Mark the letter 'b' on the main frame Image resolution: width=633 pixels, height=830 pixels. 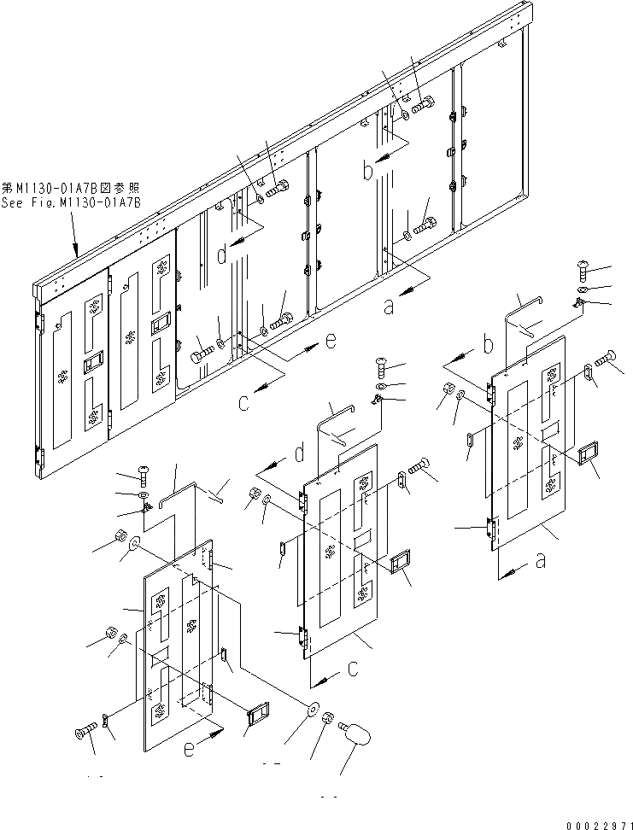tap(368, 171)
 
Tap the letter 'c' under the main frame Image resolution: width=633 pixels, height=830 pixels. tap(244, 402)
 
